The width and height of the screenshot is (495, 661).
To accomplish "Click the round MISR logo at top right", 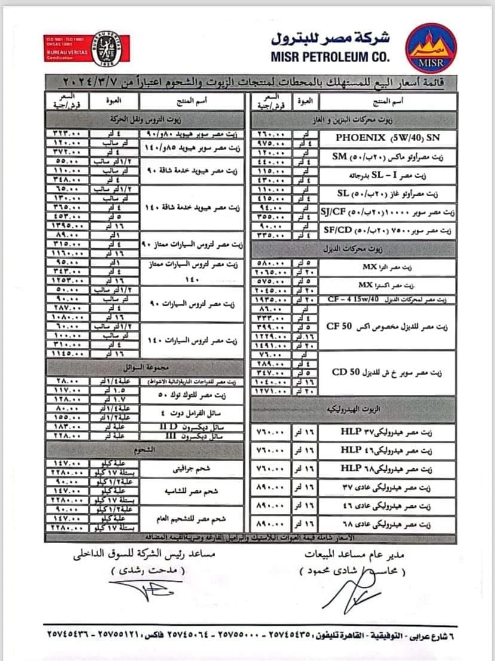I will click(x=430, y=48).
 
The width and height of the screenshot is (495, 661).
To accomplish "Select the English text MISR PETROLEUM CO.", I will click(x=329, y=57).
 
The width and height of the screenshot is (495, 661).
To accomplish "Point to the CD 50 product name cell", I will click(x=387, y=372).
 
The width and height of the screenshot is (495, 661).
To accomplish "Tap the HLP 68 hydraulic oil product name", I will click(x=387, y=468).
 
